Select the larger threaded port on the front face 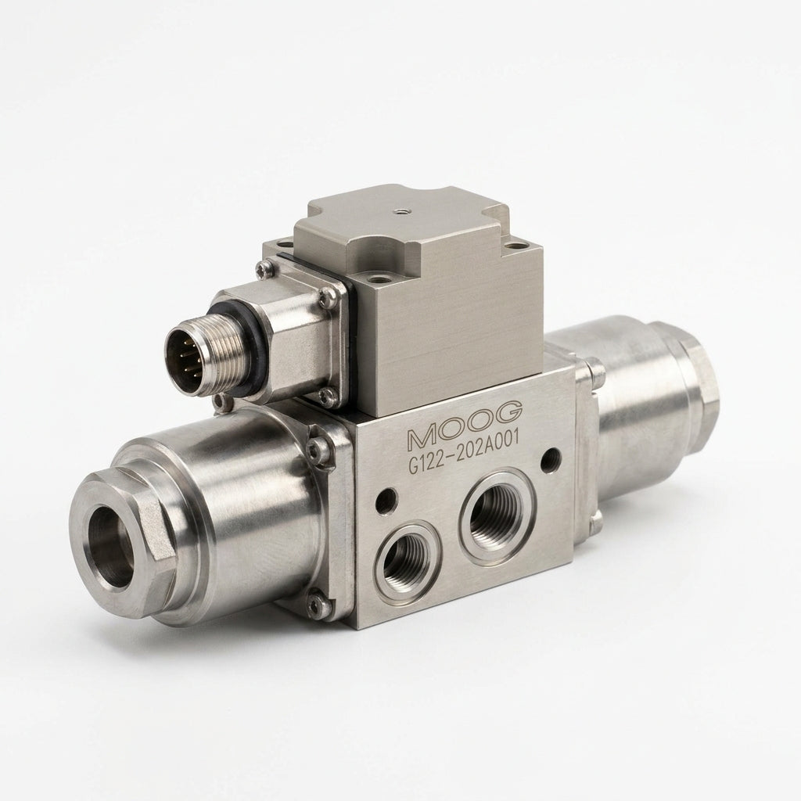pyautogui.click(x=497, y=519)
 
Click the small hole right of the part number pyautogui.click(x=550, y=458)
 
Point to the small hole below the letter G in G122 pyautogui.click(x=386, y=500)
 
